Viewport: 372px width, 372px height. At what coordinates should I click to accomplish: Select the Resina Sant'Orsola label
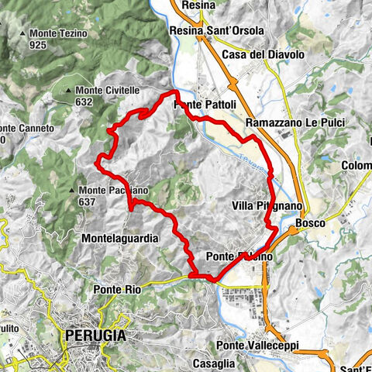[217, 31]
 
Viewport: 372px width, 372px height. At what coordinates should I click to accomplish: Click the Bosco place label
[310, 222]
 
